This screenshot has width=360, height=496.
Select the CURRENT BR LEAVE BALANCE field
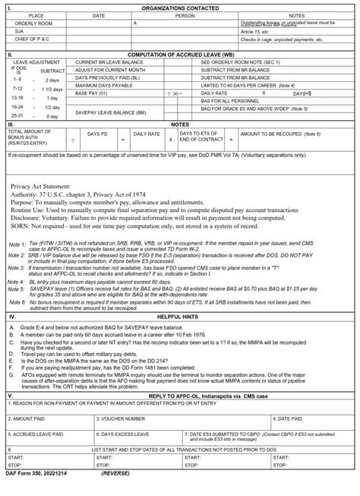coord(106,61)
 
